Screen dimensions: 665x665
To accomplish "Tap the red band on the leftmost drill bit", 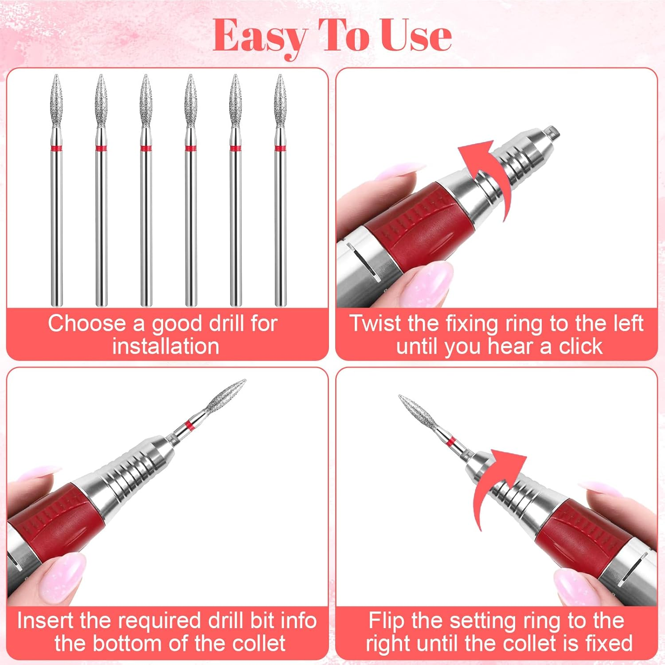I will click(56, 148).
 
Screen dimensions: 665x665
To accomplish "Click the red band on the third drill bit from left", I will click(146, 148).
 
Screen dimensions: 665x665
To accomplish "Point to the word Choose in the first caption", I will click(87, 323).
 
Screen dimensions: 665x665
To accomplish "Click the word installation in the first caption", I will click(166, 346).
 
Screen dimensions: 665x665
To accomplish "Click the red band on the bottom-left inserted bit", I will click(189, 426).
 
